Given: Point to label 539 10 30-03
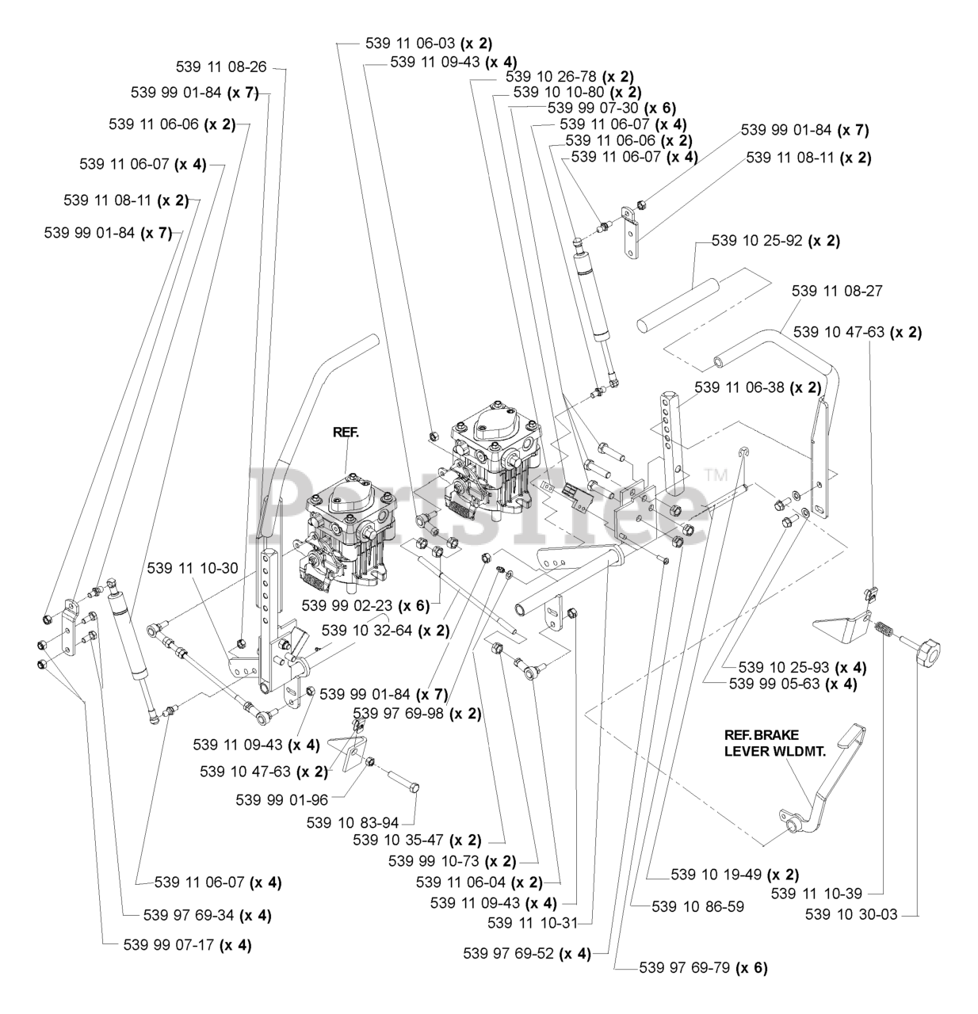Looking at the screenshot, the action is (x=851, y=914).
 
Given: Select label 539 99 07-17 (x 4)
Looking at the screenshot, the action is (x=188, y=944).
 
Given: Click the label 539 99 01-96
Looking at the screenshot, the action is (x=281, y=799).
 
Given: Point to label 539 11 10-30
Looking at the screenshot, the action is (x=192, y=568).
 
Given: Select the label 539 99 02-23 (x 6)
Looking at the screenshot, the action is (x=365, y=606).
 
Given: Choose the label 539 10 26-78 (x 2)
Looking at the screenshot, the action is (x=569, y=77).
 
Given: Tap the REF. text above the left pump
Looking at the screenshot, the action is (x=346, y=433).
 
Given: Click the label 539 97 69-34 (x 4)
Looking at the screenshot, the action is (x=208, y=915).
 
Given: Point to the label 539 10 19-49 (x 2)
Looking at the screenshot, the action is (x=735, y=875).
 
